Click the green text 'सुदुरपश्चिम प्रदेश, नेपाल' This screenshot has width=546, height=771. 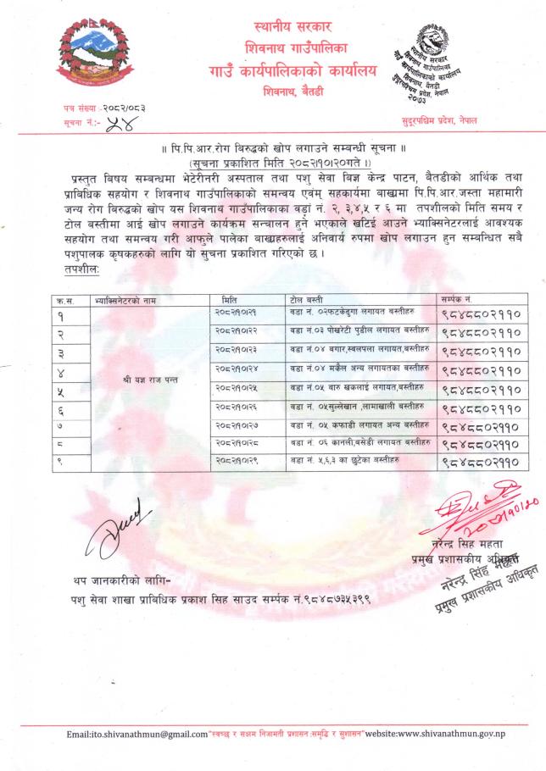[439, 121]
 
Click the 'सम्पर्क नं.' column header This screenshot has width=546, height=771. [456, 300]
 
